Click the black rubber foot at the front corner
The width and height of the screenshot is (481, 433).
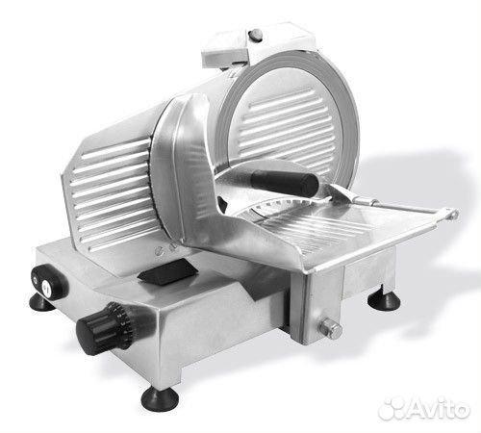coord(161,398)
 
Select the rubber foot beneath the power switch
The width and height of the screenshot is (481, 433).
coord(42,302)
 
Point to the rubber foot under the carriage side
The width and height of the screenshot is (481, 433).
coord(384,298)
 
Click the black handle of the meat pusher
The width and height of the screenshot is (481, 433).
coord(285,182)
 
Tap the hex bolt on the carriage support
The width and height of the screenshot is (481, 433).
coord(331,327)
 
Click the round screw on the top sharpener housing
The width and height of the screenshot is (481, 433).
coord(257,34)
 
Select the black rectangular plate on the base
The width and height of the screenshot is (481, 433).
coord(167,272)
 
